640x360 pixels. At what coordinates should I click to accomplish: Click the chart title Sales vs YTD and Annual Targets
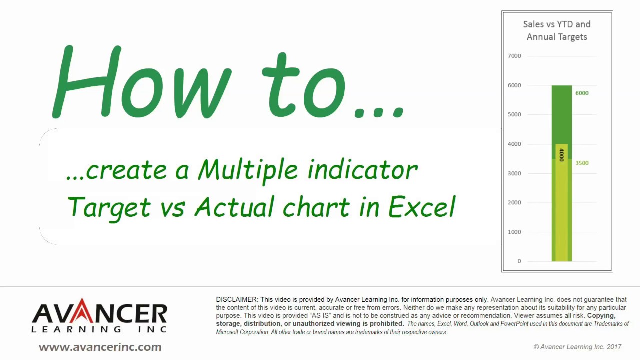coord(556,30)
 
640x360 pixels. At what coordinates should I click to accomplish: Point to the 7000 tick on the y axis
coord(514,56)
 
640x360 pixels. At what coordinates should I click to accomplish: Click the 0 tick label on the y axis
coord(519,261)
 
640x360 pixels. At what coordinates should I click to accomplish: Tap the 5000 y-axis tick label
coord(514,114)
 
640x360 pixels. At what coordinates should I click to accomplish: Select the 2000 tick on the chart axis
coord(514,202)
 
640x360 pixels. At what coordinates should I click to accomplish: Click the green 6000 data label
coord(581,93)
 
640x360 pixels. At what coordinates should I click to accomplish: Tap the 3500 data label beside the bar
coord(581,163)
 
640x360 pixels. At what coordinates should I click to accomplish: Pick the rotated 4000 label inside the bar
coord(561,155)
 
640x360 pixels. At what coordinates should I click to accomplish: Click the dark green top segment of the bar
coord(561,115)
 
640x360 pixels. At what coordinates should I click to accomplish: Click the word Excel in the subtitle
coord(422,207)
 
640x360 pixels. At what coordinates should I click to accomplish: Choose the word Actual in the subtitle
coord(234,207)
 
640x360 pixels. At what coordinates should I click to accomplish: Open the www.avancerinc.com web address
coord(100,347)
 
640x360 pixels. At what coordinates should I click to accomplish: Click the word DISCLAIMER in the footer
coord(237,299)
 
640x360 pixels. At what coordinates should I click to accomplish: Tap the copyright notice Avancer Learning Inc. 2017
coord(577,347)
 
